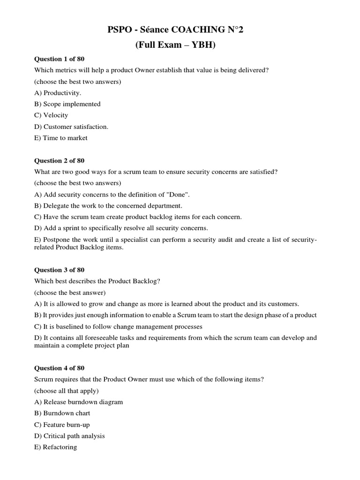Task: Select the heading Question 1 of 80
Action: (x=60, y=59)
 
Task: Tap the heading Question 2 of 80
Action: (x=60, y=160)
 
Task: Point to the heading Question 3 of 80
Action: (x=60, y=270)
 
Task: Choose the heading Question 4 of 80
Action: (x=60, y=368)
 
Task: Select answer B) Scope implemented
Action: (x=67, y=104)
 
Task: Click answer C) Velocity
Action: (x=51, y=115)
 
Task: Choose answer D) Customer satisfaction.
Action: (x=71, y=127)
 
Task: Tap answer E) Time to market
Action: (x=61, y=138)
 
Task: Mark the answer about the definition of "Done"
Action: (x=112, y=194)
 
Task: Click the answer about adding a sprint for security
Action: (x=121, y=228)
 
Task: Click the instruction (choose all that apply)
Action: (x=67, y=390)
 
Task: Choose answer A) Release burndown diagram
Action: (x=79, y=402)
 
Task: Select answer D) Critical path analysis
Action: (x=70, y=435)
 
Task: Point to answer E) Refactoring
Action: (x=56, y=447)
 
